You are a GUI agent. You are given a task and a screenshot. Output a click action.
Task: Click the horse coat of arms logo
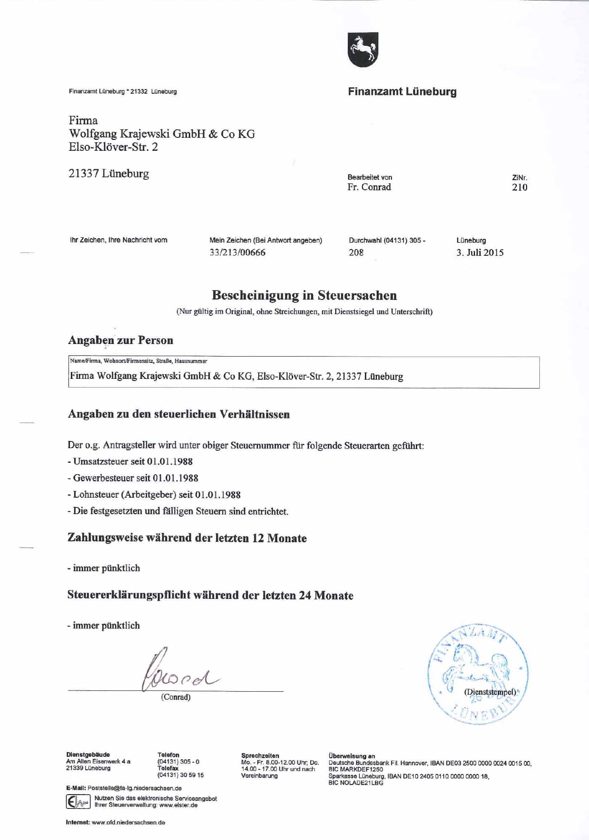pyautogui.click(x=363, y=49)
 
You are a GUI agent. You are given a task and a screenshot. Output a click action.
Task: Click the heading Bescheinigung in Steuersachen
pyautogui.click(x=304, y=295)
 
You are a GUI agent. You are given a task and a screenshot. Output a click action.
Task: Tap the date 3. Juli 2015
pyautogui.click(x=480, y=253)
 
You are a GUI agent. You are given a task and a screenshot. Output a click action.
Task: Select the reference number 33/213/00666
pyautogui.click(x=238, y=253)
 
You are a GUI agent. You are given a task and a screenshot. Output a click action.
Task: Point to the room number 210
pyautogui.click(x=520, y=187)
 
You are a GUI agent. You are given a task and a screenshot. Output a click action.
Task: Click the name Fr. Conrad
pyautogui.click(x=369, y=187)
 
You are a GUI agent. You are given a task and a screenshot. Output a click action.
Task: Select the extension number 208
pyautogui.click(x=356, y=253)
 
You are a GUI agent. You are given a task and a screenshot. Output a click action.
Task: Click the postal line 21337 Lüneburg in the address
pyautogui.click(x=108, y=173)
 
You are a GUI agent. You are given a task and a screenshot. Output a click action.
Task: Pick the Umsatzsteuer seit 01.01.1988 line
pyautogui.click(x=130, y=461)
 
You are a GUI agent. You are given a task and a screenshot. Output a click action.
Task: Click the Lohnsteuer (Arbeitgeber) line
pyautogui.click(x=154, y=495)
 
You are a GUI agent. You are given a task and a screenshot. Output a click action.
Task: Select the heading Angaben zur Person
pyautogui.click(x=121, y=340)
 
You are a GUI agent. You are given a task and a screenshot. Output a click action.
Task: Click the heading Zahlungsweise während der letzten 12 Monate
pyautogui.click(x=187, y=538)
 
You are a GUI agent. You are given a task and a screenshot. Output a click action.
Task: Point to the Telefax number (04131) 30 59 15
pyautogui.click(x=180, y=775)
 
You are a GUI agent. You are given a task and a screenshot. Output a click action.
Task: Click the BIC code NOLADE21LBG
pyautogui.click(x=356, y=783)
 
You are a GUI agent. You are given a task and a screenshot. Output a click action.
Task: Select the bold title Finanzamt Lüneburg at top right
pyautogui.click(x=402, y=92)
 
